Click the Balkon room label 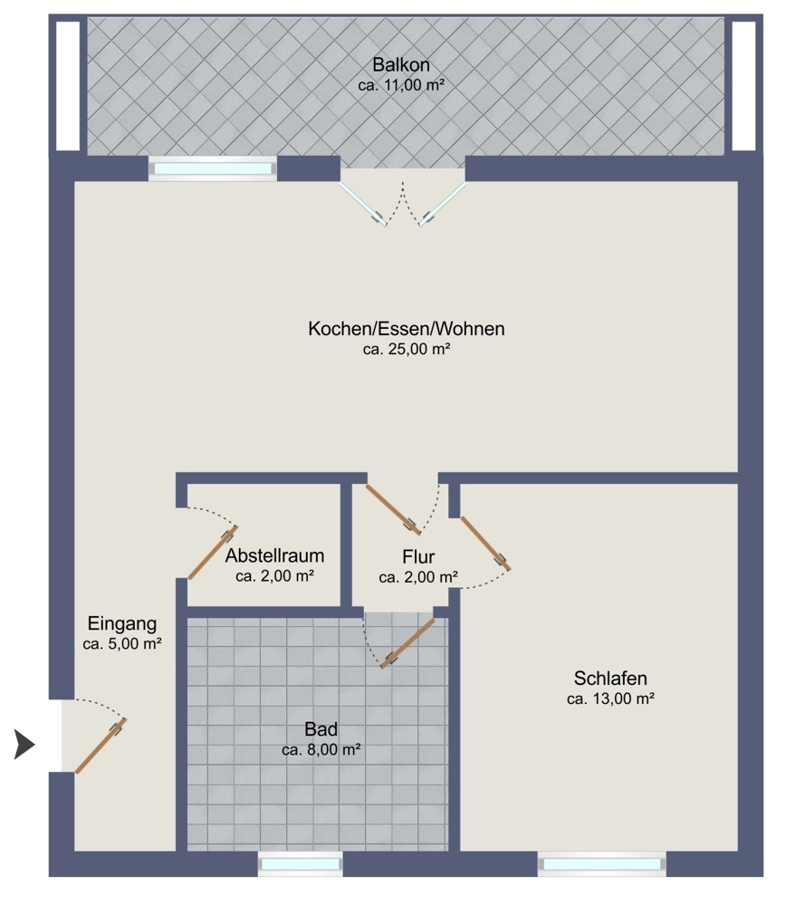[x=400, y=65]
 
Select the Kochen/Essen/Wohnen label [x=406, y=329]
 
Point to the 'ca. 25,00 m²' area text [x=407, y=349]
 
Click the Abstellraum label [x=275, y=555]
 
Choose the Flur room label [x=419, y=556]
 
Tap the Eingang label [x=122, y=623]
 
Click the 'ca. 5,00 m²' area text [x=122, y=644]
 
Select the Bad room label [x=321, y=729]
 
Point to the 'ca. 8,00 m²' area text [x=321, y=750]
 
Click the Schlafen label [x=610, y=678]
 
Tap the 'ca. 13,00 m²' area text [x=610, y=699]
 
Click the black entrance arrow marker [x=24, y=746]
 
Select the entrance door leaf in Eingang [x=101, y=746]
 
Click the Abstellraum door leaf [x=213, y=552]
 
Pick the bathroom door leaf [x=407, y=643]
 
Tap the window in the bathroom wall [x=300, y=864]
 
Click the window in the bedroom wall [x=602, y=864]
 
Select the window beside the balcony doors [x=213, y=169]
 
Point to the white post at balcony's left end [x=68, y=85]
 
